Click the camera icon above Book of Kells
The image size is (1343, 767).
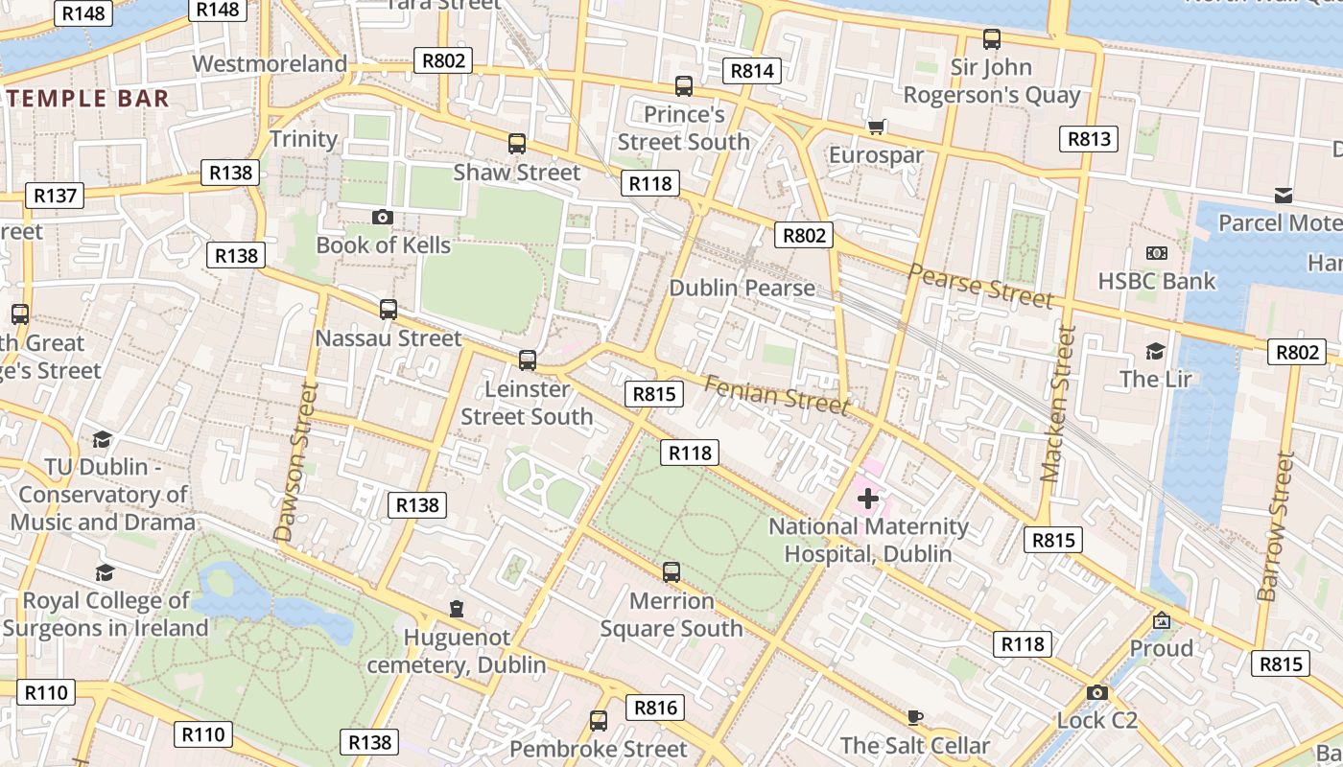point(383,218)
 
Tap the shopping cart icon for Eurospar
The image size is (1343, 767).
point(876,127)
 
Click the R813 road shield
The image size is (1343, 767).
point(1089,139)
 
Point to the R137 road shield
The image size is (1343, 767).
point(55,196)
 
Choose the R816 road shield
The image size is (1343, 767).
point(656,709)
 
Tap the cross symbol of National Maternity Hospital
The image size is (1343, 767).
point(868,499)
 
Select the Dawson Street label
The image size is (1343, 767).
point(295,462)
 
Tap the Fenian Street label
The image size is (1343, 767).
point(777,395)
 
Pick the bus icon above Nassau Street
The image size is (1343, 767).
point(389,310)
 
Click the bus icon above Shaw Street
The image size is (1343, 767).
point(517,145)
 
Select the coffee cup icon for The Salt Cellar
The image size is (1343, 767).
point(915,717)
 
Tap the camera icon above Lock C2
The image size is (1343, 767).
point(1097,692)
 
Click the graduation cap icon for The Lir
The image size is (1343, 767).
point(1155,351)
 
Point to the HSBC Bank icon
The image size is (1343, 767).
point(1157,253)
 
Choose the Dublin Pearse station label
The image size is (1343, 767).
point(742,288)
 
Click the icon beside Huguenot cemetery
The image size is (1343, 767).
point(457,609)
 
